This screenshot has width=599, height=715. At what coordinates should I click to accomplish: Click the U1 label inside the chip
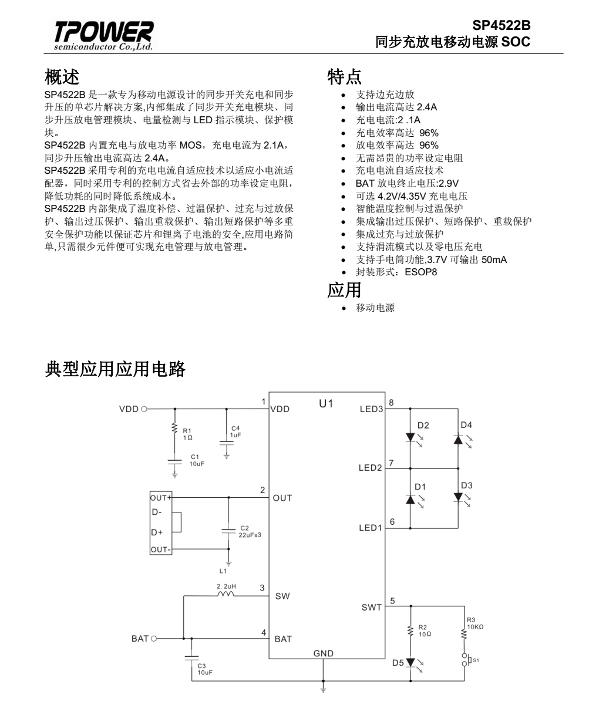pyautogui.click(x=326, y=404)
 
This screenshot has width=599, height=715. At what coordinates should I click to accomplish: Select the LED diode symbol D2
pyautogui.click(x=410, y=438)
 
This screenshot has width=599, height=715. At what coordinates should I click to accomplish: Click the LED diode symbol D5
pyautogui.click(x=410, y=663)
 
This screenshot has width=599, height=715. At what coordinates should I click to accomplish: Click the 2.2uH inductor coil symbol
pyautogui.click(x=226, y=595)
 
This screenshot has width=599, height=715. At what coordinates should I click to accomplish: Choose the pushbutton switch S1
pyautogui.click(x=465, y=660)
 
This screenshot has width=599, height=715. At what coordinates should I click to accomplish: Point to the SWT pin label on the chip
pyautogui.click(x=371, y=608)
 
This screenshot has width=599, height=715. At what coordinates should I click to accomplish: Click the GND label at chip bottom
pyautogui.click(x=323, y=653)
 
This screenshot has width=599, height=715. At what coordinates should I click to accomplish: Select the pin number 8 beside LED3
pyautogui.click(x=392, y=402)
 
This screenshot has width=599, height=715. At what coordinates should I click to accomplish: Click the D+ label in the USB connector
pyautogui.click(x=157, y=532)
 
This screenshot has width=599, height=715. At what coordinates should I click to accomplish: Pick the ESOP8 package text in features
pyautogui.click(x=420, y=272)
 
